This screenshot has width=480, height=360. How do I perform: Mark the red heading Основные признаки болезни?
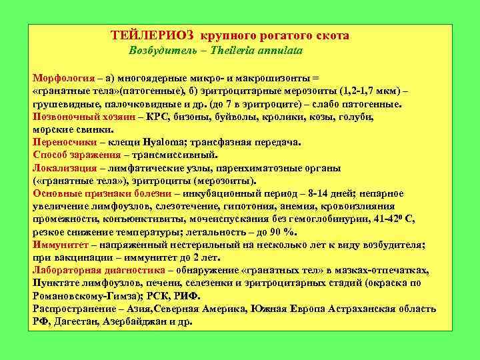[x=94, y=193]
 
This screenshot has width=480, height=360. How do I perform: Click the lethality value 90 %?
[x=283, y=232]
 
